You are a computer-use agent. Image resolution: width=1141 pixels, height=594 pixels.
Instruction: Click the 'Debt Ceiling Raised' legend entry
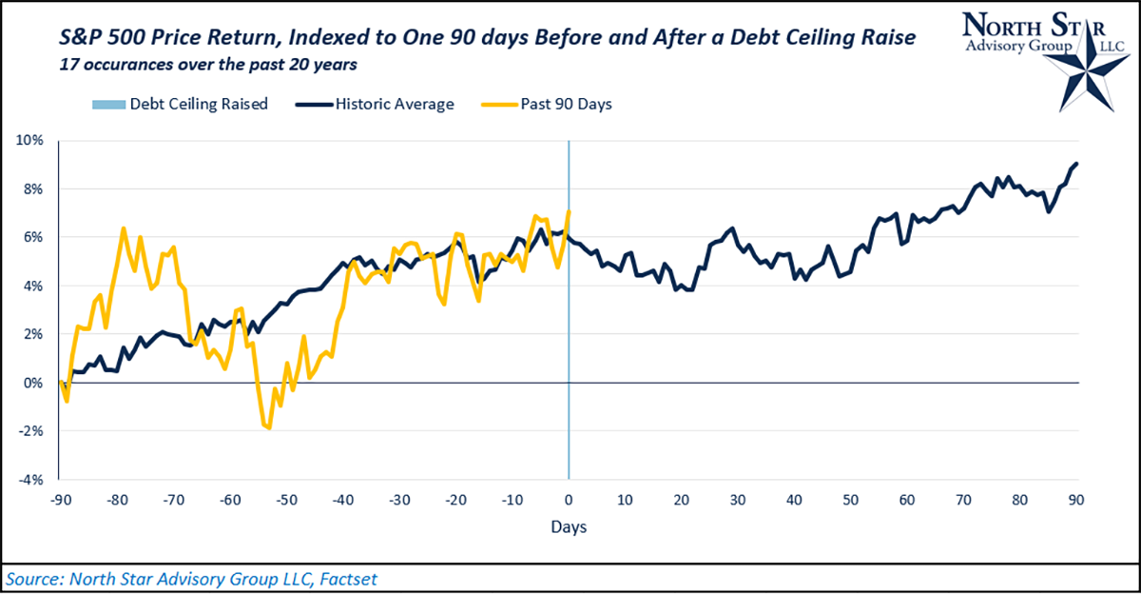click(x=199, y=104)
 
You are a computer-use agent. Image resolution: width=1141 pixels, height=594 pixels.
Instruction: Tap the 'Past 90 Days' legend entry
click(x=565, y=104)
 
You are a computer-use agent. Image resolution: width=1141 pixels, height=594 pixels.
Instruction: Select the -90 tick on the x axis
click(x=59, y=500)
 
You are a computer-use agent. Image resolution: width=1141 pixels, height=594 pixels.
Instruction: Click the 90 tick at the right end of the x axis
click(x=1078, y=500)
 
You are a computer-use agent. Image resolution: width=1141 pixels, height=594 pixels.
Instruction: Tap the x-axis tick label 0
click(x=569, y=500)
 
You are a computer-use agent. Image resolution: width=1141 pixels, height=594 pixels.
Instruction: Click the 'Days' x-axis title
click(x=569, y=525)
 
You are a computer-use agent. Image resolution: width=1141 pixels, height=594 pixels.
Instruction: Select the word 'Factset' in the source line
click(x=365, y=578)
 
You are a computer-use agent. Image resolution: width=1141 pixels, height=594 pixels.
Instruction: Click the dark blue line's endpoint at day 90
click(x=1077, y=163)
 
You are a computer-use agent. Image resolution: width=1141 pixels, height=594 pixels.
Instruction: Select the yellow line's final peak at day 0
click(x=569, y=211)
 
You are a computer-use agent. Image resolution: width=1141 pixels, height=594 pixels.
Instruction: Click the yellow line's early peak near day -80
click(x=123, y=228)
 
